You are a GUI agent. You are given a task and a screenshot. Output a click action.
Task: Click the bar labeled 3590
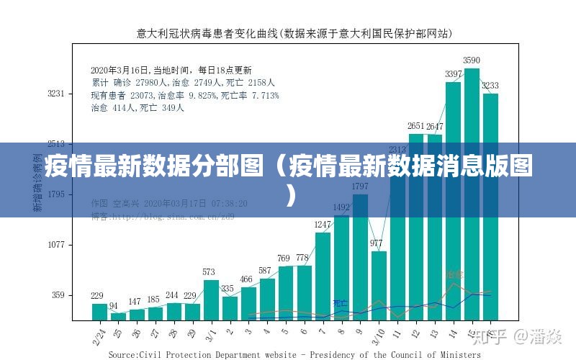(x=472, y=194)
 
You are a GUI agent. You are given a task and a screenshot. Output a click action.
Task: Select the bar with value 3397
(x=453, y=202)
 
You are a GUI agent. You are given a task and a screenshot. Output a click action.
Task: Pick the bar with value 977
(x=379, y=285)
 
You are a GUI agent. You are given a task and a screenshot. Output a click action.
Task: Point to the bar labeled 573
(x=211, y=300)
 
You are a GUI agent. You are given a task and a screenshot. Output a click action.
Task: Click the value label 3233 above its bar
(x=490, y=85)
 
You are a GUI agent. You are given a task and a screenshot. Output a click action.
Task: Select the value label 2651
(x=416, y=126)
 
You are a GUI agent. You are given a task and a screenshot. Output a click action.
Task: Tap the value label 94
(x=114, y=306)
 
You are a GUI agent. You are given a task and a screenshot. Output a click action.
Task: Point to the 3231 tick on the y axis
(x=56, y=94)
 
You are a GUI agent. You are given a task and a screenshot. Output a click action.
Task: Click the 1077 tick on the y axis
(x=56, y=245)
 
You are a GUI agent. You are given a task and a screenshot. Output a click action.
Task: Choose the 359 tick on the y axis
(x=58, y=295)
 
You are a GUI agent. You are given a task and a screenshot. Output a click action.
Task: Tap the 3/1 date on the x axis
(x=211, y=333)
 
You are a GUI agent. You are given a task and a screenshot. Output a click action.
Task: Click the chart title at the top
(x=294, y=33)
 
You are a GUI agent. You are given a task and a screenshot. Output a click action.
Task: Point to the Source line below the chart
(x=294, y=354)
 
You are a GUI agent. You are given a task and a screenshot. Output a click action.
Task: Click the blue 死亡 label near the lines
(x=340, y=303)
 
